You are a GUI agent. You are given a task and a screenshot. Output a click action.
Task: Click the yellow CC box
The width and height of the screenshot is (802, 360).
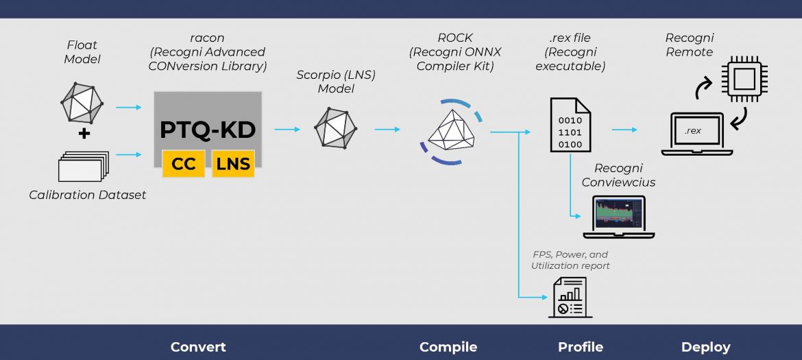point(183,164)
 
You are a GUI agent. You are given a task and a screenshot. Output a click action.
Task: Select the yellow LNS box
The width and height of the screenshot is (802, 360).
point(233,164)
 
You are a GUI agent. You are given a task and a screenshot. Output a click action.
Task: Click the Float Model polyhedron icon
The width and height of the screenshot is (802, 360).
point(82,101)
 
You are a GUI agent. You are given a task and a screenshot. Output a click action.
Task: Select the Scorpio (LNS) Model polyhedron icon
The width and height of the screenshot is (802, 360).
point(335,128)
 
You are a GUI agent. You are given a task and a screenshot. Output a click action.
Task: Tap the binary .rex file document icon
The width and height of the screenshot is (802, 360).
point(570,124)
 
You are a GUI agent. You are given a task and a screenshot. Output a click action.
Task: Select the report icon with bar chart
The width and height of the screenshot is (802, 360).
point(567,298)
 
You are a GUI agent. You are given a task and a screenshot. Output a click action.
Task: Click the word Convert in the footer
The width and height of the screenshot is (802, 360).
point(198,347)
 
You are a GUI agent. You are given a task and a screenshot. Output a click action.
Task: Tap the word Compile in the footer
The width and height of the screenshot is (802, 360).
point(448,347)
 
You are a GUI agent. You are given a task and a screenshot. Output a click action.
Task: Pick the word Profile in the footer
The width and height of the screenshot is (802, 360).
point(581,347)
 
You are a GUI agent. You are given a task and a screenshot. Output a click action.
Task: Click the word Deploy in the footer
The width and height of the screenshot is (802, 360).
point(705,347)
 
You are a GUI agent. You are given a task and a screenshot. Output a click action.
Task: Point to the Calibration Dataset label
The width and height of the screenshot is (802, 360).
point(88,195)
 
